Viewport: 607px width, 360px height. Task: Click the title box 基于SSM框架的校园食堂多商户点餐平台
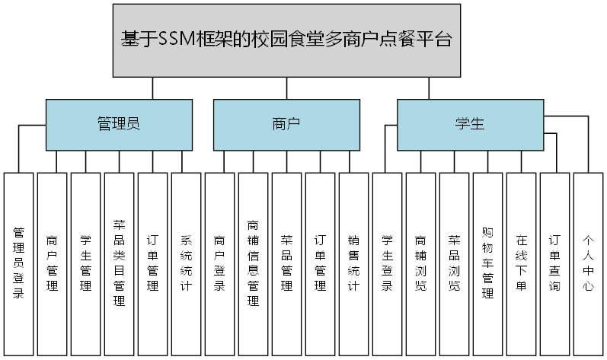(286, 40)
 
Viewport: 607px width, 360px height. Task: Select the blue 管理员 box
(119, 125)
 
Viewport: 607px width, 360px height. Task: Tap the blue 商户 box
(286, 125)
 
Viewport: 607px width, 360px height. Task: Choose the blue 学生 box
(470, 125)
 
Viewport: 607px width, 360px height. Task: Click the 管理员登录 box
(19, 263)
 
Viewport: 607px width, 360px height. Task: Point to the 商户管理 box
(53, 263)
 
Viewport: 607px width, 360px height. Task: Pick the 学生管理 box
(86, 263)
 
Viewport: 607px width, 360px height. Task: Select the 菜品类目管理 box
(120, 263)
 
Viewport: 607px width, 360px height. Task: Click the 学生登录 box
(388, 263)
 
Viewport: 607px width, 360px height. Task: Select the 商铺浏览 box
(421, 263)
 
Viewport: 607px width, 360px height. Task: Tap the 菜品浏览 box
(455, 263)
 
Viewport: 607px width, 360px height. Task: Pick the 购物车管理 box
(488, 263)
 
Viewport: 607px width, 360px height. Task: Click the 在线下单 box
(522, 263)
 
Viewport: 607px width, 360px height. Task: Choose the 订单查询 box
(555, 263)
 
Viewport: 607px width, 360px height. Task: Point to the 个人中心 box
(589, 263)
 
